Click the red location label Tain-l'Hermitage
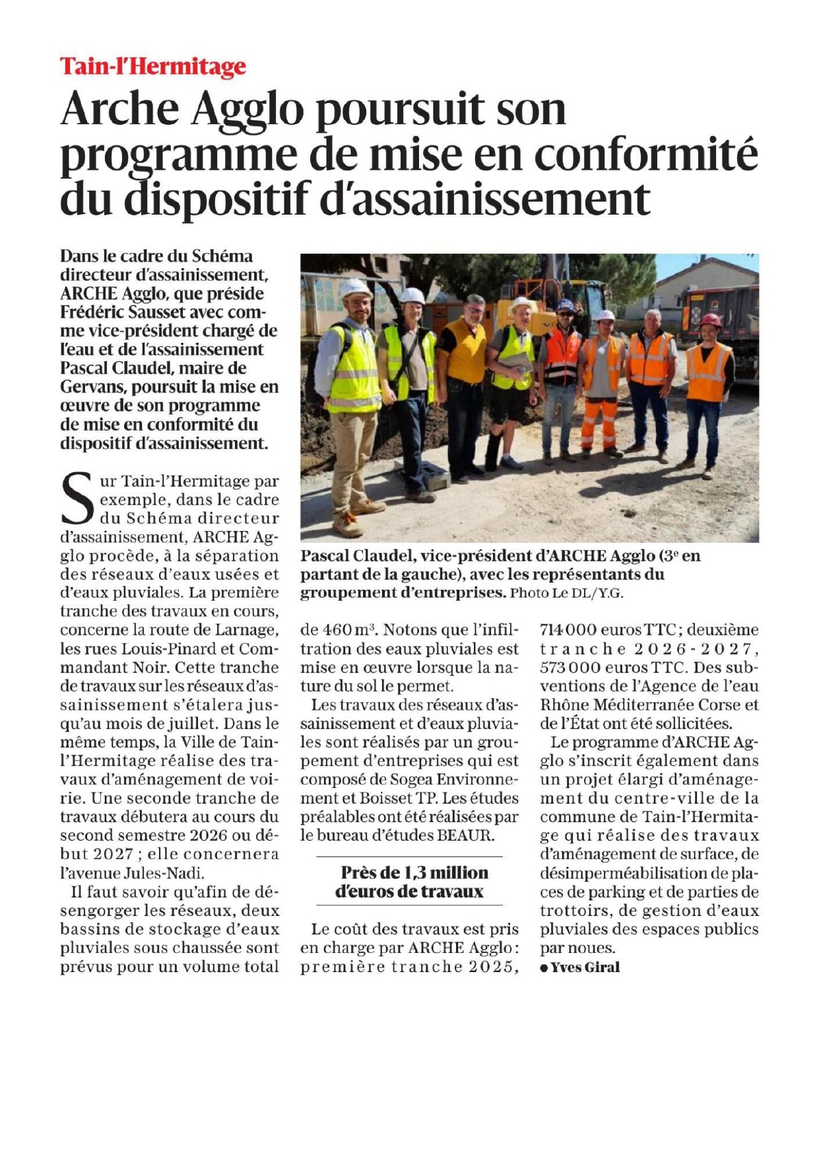152,67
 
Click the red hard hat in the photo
710,321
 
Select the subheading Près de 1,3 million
414,872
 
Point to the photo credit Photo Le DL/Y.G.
566,593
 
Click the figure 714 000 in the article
568,630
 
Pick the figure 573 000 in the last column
568,668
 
